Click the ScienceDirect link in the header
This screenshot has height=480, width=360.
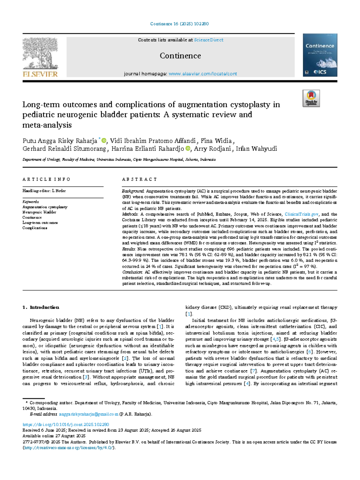click(x=208, y=40)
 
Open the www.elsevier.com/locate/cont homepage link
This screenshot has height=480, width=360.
click(x=203, y=74)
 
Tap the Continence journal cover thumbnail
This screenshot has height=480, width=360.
click(x=320, y=55)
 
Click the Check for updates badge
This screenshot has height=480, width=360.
click(x=311, y=98)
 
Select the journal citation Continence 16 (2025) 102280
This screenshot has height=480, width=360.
click(x=179, y=24)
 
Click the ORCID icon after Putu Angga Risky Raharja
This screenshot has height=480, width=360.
click(x=104, y=140)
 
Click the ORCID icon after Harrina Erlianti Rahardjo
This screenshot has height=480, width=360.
click(x=188, y=149)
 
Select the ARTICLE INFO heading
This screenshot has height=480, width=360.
click(x=46, y=179)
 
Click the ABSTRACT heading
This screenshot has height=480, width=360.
click(x=139, y=179)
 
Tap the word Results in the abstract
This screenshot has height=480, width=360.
click(x=129, y=249)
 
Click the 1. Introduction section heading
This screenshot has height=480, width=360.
click(x=41, y=307)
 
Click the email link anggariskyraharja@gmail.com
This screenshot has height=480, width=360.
click(x=88, y=414)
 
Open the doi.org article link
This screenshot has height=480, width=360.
click(x=66, y=424)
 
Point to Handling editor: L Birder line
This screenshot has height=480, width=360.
click(x=44, y=191)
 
